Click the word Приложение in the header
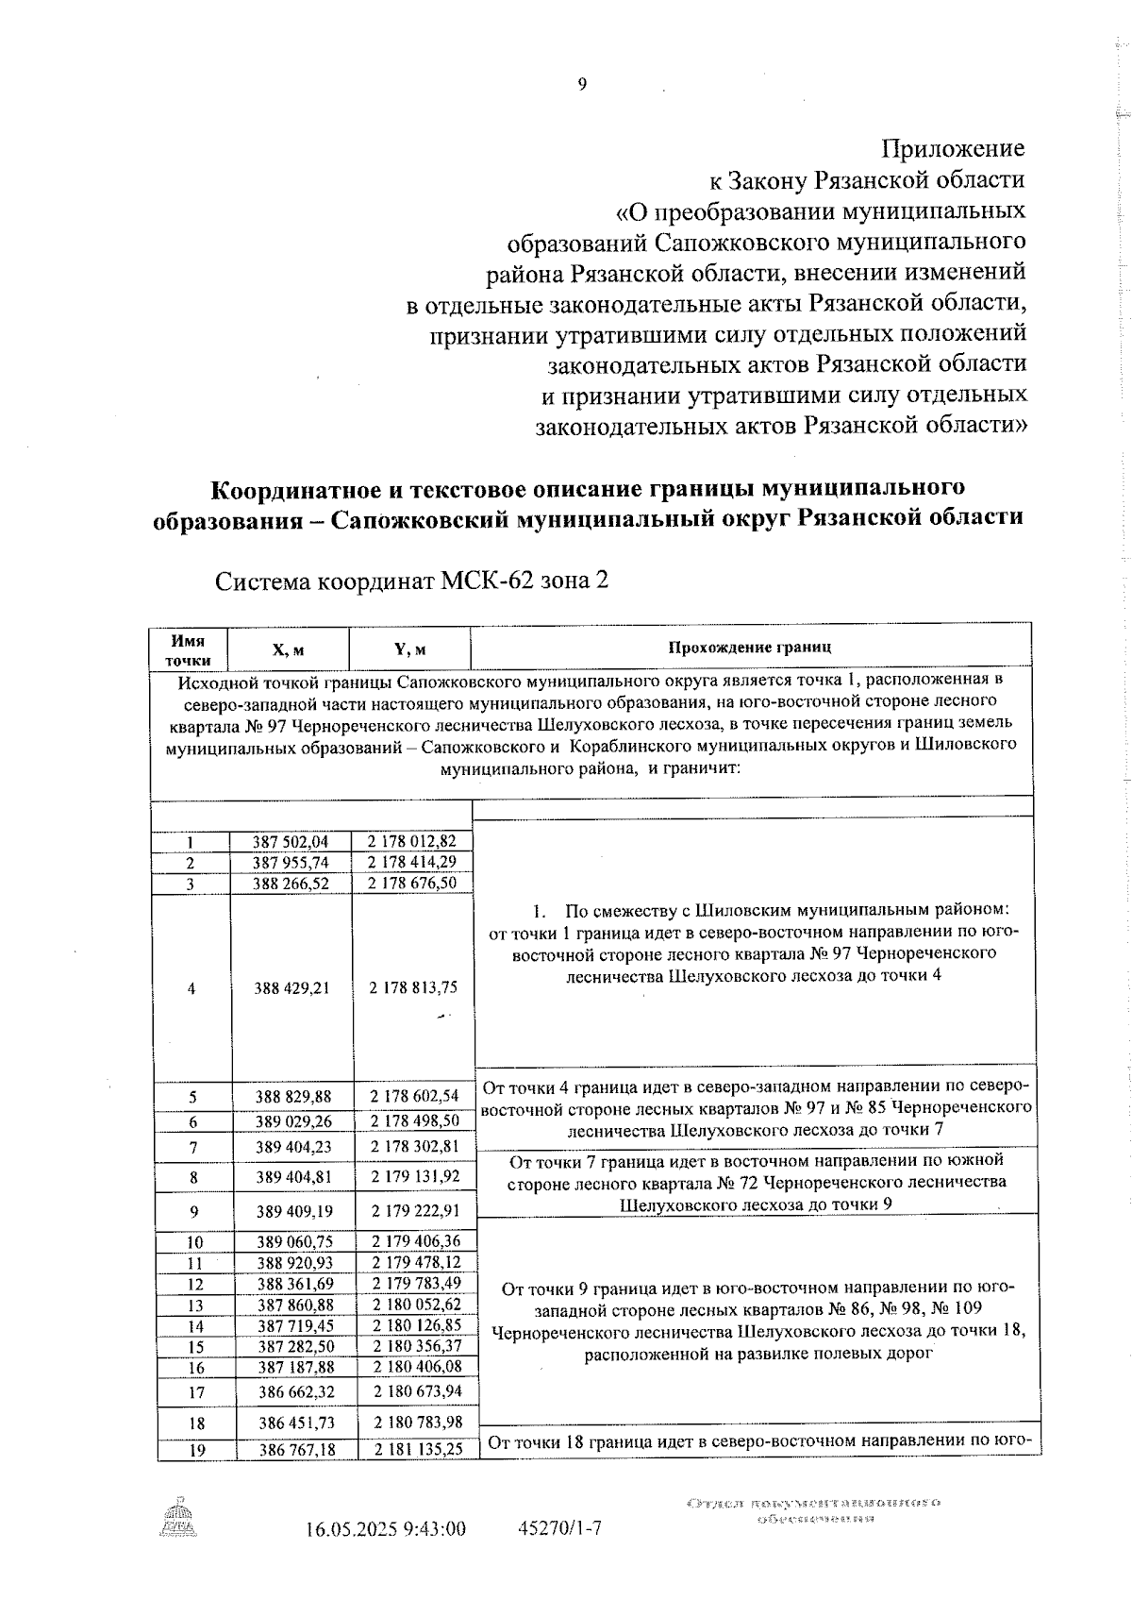click(953, 148)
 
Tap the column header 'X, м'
click(288, 649)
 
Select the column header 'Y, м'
click(409, 649)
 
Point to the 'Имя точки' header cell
click(189, 649)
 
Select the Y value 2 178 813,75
click(413, 987)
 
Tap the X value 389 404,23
click(292, 1147)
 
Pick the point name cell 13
click(195, 1305)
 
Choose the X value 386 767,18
click(296, 1450)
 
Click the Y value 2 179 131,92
click(415, 1176)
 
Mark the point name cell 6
click(192, 1121)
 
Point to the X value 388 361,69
click(294, 1284)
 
